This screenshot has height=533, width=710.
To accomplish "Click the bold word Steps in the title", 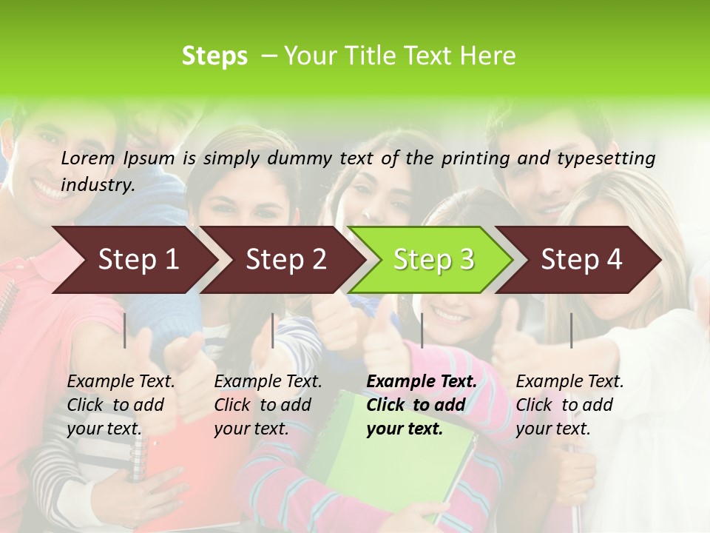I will coord(214,56).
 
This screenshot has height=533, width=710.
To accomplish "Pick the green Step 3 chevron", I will coord(433,260).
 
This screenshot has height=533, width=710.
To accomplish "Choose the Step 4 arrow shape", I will coord(581,260).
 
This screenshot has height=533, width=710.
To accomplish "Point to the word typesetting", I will coord(612,158).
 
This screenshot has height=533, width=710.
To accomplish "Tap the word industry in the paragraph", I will coord(98,184).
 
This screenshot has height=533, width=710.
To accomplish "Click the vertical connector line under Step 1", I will coord(125,330).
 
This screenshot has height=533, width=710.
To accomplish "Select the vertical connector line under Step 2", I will coord(273,330).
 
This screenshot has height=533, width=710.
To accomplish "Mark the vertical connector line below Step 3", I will coord(422,330).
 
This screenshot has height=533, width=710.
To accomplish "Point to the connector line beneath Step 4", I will coord(571,330).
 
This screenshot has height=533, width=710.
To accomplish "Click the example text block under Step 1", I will coord(121,405).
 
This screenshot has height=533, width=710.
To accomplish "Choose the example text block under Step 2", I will coord(268,405).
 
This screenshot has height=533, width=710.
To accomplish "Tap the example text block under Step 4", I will coord(569,405).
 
